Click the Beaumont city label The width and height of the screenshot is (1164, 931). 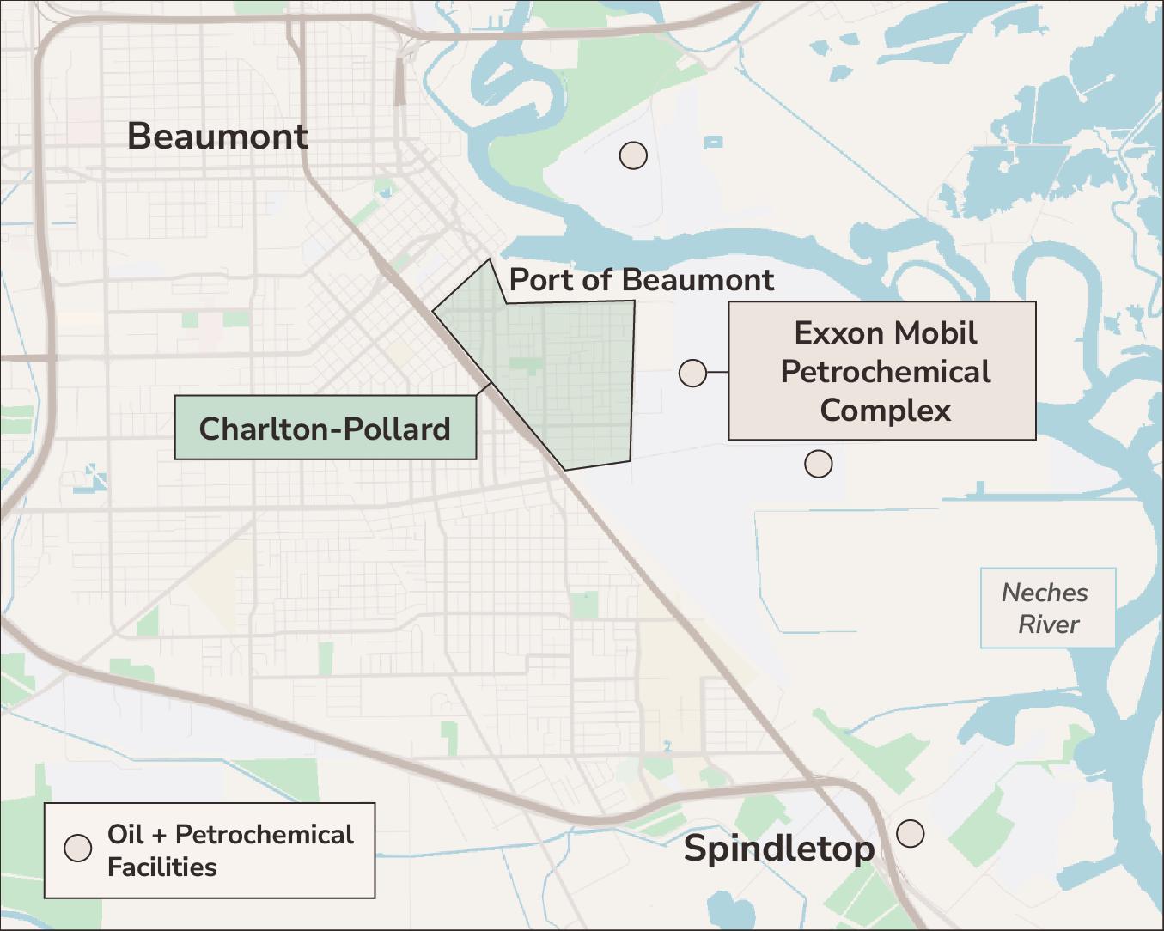(217, 137)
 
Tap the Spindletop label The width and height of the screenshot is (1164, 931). (779, 849)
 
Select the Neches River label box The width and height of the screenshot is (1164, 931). (1048, 607)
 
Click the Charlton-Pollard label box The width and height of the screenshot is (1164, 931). (325, 428)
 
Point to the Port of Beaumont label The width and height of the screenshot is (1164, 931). (641, 280)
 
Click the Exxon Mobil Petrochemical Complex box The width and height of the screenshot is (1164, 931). (882, 371)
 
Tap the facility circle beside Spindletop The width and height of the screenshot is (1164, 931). (911, 833)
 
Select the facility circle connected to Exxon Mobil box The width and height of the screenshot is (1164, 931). (692, 373)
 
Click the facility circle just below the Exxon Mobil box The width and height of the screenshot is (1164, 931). (818, 464)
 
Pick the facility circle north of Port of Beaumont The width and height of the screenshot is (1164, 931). (633, 155)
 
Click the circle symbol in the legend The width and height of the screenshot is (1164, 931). (78, 849)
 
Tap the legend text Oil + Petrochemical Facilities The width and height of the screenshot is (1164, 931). (229, 850)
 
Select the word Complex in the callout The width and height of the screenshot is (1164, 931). (885, 410)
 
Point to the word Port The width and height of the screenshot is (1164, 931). (541, 280)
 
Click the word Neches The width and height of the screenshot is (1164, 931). (1045, 593)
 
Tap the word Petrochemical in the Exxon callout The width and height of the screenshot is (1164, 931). (885, 372)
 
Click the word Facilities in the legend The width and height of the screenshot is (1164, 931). (161, 867)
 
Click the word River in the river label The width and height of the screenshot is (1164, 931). (1048, 624)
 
